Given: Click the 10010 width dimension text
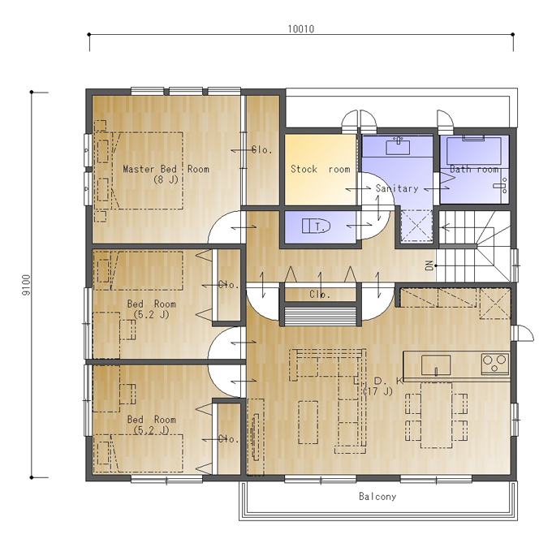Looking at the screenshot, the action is (x=301, y=29).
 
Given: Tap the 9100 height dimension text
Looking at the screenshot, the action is (x=27, y=285).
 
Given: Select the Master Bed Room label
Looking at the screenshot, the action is (x=166, y=169).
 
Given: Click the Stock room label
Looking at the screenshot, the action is (x=321, y=170).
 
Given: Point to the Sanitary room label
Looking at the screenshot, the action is (x=397, y=188).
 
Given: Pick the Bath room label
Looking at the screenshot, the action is (x=474, y=170).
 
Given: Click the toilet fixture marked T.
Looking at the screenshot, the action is (x=316, y=226).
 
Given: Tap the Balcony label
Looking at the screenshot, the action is (x=377, y=496).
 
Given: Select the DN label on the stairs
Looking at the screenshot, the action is (x=429, y=265).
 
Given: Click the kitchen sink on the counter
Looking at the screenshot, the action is (x=436, y=364).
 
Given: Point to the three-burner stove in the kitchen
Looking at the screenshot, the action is (x=495, y=364).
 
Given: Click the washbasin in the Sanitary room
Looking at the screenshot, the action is (x=398, y=146).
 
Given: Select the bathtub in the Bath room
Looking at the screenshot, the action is (x=474, y=150).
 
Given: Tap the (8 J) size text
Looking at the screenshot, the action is (x=166, y=179).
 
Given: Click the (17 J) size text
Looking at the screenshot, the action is (x=378, y=391).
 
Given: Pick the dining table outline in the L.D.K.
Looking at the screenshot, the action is (x=437, y=415).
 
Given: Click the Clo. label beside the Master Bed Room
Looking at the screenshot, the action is (x=262, y=150).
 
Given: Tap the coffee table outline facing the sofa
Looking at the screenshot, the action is (x=308, y=422).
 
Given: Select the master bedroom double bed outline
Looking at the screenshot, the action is (x=147, y=170).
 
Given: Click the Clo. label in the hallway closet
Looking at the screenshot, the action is (x=320, y=295).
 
